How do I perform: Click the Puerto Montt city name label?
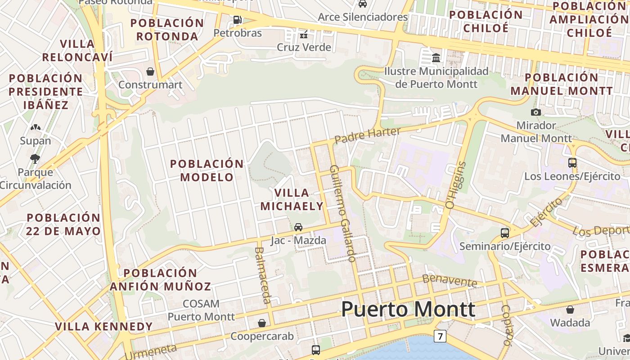408,310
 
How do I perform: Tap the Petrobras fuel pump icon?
237,20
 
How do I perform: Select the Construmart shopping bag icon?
150,72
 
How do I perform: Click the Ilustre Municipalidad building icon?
436,58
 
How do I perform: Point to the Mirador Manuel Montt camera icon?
536,112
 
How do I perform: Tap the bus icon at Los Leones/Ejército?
572,163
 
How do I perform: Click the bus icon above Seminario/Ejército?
505,233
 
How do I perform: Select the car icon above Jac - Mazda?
298,227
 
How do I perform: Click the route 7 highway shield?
440,336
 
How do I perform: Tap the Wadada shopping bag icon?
570,310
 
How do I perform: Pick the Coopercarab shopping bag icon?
262,323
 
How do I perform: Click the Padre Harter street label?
368,135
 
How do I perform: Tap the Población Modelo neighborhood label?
207,170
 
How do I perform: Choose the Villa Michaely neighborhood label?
299,199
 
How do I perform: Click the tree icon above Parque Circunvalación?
35,158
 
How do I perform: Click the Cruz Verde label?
304,47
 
